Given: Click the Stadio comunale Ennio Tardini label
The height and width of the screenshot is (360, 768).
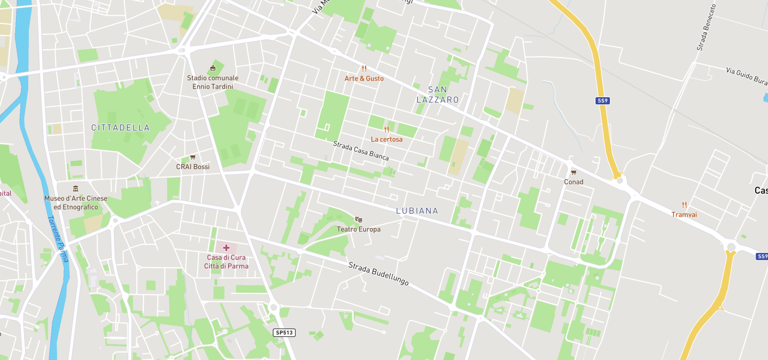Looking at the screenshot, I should pos(213,82).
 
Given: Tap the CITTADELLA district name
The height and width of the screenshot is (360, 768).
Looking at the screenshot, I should pos(120,128).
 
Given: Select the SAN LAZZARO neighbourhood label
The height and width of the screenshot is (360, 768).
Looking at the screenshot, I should pos(437,95).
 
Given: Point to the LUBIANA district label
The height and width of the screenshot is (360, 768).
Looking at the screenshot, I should pos(417,211).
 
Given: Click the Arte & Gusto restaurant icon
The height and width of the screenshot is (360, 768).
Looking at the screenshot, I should pos(364,69).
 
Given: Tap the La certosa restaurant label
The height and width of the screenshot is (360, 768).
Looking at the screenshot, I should pos(387,139).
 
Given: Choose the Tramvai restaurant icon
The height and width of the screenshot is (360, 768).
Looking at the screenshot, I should pos(684,205).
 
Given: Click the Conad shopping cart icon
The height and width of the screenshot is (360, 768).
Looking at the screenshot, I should pos(573,172).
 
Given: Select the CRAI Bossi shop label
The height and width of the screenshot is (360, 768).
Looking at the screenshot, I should pos(193,167).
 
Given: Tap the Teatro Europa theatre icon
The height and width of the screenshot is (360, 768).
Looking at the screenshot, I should pos(359,220).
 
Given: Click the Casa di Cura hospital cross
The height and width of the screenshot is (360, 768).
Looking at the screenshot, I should pos(226,248).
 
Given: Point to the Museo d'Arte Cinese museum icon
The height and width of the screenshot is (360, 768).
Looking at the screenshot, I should pos(76,189).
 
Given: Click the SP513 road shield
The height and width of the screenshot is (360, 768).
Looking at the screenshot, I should pos(284,332).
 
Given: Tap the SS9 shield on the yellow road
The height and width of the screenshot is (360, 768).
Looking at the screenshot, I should pos(602,101).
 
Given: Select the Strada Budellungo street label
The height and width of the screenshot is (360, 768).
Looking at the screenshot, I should pos(378,274).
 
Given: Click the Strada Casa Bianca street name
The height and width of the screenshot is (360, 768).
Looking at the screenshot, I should pos(361,150).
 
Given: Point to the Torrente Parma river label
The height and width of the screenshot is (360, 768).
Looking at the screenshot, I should pos(58,239).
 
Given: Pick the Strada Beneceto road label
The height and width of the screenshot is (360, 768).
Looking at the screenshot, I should pos(706,28).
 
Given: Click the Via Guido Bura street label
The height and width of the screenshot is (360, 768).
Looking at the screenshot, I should pos(746,76).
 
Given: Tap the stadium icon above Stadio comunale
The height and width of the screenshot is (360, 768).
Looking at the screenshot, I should pos(213,68).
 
